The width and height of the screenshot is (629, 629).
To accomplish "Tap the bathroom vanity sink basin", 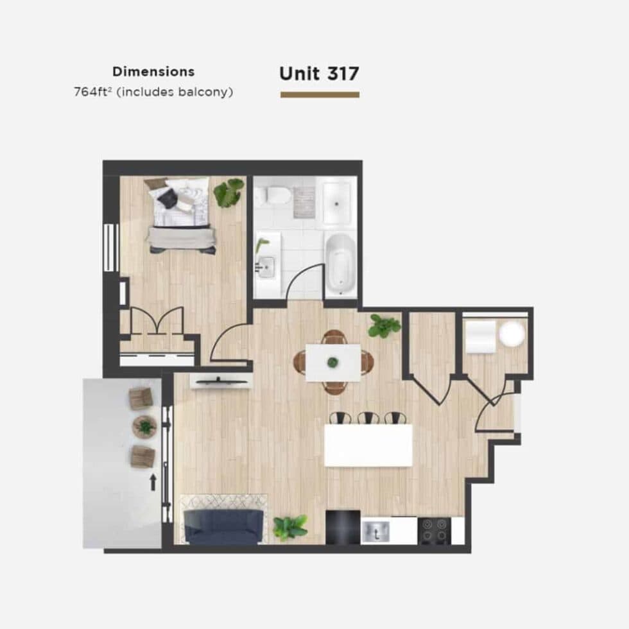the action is click(x=266, y=266).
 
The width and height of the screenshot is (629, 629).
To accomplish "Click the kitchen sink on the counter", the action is click(x=375, y=531).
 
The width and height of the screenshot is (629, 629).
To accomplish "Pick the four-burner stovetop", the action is click(x=435, y=531).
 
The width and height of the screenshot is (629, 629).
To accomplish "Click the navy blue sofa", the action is click(x=223, y=526).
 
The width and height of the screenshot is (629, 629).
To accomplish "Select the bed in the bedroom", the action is click(x=181, y=216).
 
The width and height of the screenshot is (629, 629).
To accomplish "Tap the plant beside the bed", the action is click(x=228, y=193).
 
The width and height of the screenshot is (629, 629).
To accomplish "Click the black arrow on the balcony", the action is click(x=153, y=482).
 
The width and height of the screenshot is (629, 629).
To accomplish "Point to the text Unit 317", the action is click(x=320, y=73).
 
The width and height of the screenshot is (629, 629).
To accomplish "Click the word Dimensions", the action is click(x=153, y=72).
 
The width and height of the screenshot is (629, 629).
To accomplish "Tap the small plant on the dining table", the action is click(x=332, y=362).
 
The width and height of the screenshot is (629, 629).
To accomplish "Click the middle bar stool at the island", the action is click(x=368, y=418).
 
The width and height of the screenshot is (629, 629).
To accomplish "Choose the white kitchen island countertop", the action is click(x=368, y=445).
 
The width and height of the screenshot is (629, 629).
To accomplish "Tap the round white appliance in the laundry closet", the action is click(x=512, y=334).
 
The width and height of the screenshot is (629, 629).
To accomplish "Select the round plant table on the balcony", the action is click(x=144, y=426).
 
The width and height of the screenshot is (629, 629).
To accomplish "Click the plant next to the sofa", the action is click(x=290, y=527).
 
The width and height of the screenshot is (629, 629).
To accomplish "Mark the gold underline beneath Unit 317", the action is click(x=320, y=95).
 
